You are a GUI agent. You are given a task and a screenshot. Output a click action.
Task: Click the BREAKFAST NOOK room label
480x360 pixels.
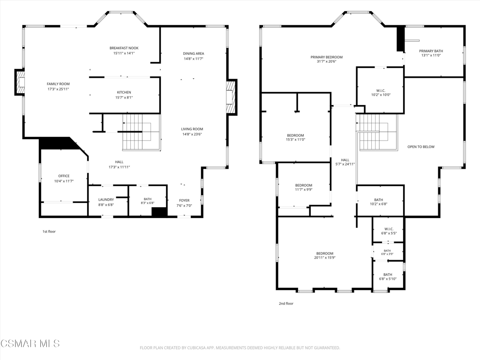coord(124,48)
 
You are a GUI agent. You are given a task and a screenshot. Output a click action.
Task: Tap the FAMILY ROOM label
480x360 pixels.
coord(58,84)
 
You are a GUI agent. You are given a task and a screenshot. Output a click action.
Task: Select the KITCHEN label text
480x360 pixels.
coord(124,92)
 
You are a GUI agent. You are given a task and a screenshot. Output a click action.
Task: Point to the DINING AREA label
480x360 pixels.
coord(194,53)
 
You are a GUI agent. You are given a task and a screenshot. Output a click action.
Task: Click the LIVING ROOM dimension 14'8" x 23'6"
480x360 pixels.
coord(192,134)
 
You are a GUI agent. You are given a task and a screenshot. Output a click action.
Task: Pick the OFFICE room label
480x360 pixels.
coord(64,176)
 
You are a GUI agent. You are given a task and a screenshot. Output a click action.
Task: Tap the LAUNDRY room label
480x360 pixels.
coord(106,200)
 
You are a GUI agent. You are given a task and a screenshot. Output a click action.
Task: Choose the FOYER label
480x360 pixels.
coord(184,201)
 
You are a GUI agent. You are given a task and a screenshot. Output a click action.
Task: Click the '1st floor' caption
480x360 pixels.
coord(49,232)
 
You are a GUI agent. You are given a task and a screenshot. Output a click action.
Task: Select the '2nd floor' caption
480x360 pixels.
coord(286,303)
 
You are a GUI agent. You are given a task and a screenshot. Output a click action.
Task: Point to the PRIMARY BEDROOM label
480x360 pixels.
coord(327,57)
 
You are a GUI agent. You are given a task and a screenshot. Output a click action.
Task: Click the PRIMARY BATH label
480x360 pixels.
coord(431,51)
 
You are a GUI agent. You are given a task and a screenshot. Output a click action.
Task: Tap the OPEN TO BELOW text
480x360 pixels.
coord(421,147)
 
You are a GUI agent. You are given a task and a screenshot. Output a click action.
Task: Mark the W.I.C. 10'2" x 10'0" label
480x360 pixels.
coord(381,93)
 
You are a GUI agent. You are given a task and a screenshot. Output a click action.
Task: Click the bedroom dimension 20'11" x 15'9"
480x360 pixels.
coord(325,258)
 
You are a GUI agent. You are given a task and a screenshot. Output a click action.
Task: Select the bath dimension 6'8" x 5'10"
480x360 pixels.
coord(388,279)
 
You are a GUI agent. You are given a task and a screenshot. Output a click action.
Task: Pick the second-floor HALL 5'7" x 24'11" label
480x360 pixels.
coord(345,162)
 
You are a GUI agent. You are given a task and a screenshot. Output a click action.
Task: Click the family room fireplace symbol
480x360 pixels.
coord(20,82)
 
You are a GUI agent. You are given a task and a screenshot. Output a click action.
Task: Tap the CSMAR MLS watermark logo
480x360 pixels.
coord(30,344)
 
